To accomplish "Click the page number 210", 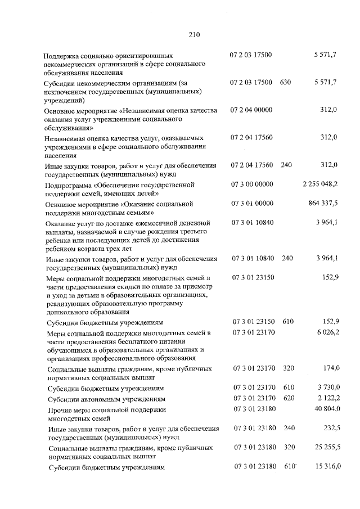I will pos(194,35).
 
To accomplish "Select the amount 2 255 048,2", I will pos(319,184).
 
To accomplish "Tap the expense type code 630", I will pos(285,83).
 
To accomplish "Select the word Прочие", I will pos(62,409).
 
